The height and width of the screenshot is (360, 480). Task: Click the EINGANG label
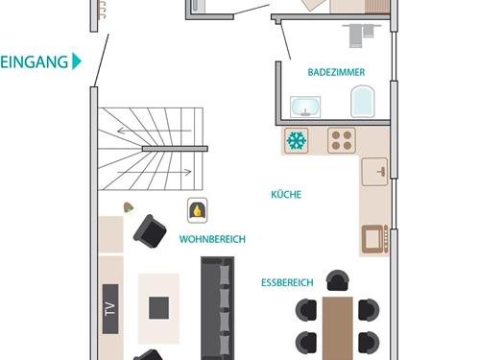35,61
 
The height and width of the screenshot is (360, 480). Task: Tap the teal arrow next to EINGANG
77,61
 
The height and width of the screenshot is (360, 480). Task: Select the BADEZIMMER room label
336,72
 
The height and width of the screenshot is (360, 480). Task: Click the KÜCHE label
286,194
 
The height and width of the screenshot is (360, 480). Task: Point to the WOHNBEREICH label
212,239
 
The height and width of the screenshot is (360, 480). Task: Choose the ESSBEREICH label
287,282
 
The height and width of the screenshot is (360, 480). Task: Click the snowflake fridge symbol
297,140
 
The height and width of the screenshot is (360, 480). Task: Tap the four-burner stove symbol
342,140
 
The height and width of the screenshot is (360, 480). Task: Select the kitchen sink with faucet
374,172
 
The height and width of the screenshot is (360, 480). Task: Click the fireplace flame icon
198,210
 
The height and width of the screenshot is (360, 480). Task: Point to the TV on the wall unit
110,309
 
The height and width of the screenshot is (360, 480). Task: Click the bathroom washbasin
305,107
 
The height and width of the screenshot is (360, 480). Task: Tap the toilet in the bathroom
363,101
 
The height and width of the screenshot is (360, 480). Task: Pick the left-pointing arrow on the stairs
155,131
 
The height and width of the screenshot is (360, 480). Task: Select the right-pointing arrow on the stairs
155,172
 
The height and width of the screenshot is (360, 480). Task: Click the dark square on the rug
158,308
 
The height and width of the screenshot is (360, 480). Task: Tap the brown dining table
338,328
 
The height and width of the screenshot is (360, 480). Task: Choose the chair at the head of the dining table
338,280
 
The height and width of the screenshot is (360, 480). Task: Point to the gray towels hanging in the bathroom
362,35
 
